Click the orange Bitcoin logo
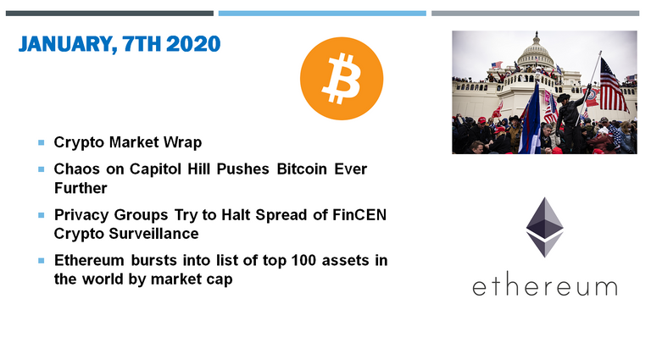click(342, 79)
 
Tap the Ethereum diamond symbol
click(544, 227)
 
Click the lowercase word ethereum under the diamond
click(545, 287)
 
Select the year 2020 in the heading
click(193, 44)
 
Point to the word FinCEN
click(359, 215)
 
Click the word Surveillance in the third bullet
click(153, 234)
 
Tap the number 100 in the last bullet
click(304, 260)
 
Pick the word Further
click(81, 188)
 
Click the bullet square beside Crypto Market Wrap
click(41, 142)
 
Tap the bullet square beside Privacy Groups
click(41, 215)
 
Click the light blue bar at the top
click(322, 14)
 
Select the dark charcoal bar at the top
click(109, 14)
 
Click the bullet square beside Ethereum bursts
click(41, 261)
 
